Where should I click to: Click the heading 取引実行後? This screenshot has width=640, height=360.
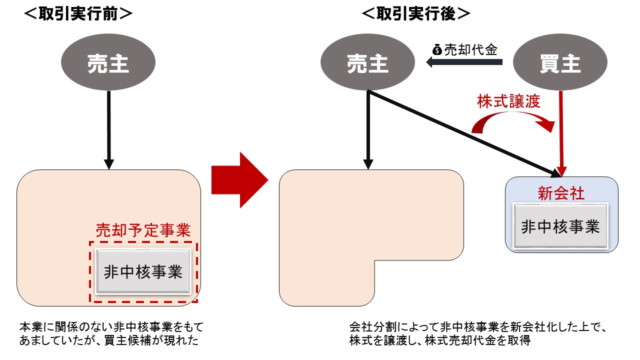click(x=415, y=14)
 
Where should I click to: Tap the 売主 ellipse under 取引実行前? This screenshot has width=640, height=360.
click(x=108, y=63)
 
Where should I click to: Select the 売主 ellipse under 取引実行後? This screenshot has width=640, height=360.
click(x=368, y=63)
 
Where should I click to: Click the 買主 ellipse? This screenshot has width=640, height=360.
click(x=560, y=63)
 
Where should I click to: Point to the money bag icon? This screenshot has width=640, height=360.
click(x=437, y=49)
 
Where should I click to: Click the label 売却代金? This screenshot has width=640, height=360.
click(x=471, y=49)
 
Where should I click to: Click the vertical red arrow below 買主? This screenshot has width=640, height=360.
click(x=561, y=132)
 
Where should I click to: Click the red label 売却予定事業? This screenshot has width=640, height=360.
click(x=143, y=230)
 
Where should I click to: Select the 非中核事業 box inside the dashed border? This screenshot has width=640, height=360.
click(x=143, y=272)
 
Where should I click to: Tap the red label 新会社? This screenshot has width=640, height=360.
click(x=560, y=193)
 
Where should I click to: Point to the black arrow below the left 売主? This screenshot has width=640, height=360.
click(x=108, y=130)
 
